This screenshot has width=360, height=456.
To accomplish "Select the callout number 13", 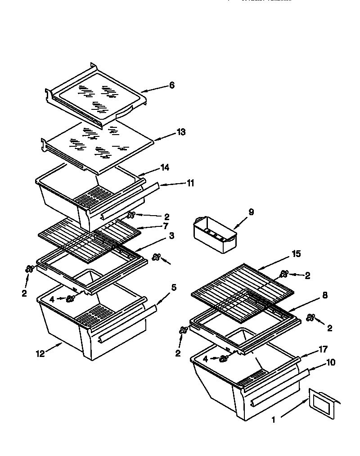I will click(180, 132).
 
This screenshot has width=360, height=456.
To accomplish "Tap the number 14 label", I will click(165, 168).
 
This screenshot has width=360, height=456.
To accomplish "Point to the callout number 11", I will click(190, 183).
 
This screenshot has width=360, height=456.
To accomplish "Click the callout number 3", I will click(172, 235).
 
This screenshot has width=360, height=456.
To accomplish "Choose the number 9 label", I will click(251, 212).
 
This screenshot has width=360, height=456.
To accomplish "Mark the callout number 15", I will click(296, 254).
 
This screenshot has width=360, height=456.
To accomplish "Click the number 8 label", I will click(325, 295).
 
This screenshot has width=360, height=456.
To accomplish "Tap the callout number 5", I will click(174, 287).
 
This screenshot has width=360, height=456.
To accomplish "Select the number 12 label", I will click(40, 354).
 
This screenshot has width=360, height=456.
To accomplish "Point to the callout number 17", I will click(323, 349).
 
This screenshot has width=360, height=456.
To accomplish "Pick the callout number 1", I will click(273, 420).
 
